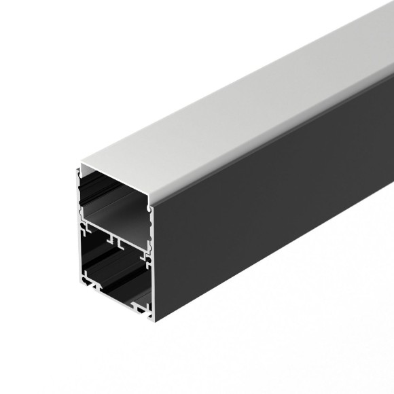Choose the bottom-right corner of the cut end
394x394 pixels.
click(151, 316)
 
